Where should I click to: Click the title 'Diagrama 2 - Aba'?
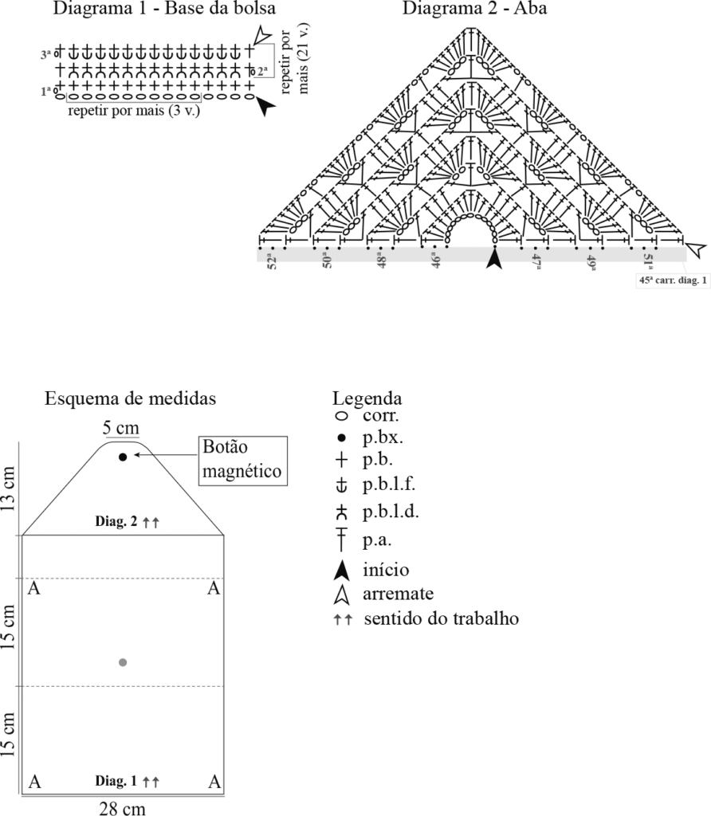[474, 10]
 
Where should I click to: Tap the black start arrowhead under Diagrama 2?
[495, 258]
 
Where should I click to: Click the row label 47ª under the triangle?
[536, 262]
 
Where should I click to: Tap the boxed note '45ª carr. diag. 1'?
[673, 280]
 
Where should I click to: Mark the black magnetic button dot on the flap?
[123, 457]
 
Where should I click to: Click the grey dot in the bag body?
[122, 662]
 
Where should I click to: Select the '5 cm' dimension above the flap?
[122, 427]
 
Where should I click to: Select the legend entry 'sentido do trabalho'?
[441, 618]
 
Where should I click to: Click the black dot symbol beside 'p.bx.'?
[341, 437]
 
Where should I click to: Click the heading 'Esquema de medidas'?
[130, 398]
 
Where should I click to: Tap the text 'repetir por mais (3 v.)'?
[134, 110]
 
